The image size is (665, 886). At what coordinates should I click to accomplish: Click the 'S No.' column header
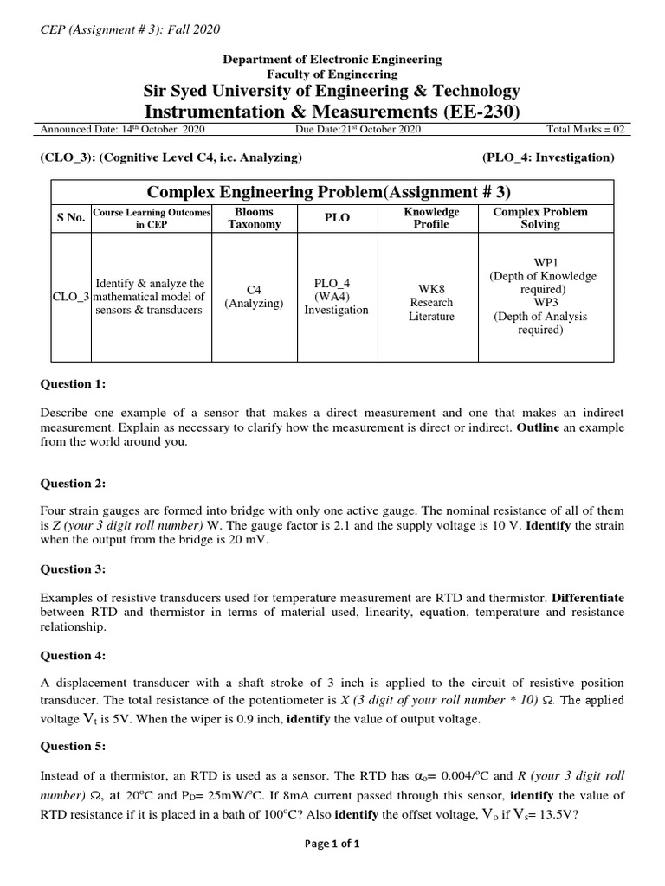pos(70,218)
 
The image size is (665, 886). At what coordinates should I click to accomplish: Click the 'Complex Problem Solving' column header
pos(539,218)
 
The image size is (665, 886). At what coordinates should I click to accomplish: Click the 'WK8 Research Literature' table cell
pos(430,303)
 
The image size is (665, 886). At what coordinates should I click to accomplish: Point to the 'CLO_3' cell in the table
pos(70,297)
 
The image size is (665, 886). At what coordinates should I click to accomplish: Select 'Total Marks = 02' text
pos(584,129)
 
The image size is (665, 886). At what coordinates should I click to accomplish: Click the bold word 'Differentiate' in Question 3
pos(588,598)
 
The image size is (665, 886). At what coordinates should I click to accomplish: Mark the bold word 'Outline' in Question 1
pos(540,427)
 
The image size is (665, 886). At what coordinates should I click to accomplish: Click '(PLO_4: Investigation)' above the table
pos(547,157)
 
